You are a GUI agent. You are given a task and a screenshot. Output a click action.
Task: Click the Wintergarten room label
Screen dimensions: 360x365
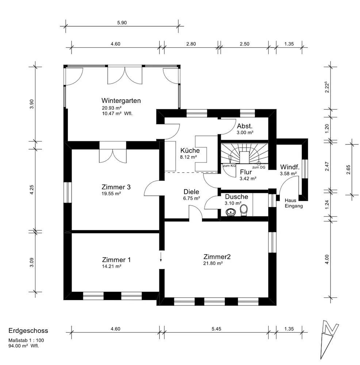click(121, 101)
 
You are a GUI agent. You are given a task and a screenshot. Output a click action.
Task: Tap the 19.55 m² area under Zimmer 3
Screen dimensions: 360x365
click(111, 194)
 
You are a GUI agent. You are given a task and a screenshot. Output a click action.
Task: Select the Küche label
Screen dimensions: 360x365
click(190, 150)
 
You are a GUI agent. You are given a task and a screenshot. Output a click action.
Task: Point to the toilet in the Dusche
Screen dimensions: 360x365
click(244, 210)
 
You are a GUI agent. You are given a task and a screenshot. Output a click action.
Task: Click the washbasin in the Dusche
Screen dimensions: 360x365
click(231, 212)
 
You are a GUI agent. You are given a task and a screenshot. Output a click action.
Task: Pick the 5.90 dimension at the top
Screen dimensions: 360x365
click(122, 23)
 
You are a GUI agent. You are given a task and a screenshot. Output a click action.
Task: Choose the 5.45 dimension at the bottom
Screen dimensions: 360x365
click(216, 329)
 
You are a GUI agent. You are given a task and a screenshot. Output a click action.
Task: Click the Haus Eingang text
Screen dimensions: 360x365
click(294, 203)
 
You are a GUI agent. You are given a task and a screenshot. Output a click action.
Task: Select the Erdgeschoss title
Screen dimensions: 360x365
click(28, 331)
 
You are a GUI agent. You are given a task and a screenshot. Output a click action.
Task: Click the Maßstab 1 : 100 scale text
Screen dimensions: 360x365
click(26, 340)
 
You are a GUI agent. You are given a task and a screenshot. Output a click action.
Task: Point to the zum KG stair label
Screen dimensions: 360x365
click(229, 166)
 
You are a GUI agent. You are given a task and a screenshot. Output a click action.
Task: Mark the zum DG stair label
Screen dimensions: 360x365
click(259, 168)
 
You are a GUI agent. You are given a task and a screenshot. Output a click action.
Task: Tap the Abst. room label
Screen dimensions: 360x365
click(245, 126)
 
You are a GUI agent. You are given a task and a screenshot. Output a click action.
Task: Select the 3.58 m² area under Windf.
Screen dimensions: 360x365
click(288, 174)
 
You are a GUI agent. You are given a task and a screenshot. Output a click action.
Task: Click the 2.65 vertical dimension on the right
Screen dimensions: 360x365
click(348, 169)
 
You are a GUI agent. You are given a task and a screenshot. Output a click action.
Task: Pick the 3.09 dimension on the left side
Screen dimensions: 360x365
click(32, 262)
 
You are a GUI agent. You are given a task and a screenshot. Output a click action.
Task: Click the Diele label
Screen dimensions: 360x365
click(191, 192)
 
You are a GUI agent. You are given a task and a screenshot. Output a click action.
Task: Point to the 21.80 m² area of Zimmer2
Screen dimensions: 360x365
click(213, 264)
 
